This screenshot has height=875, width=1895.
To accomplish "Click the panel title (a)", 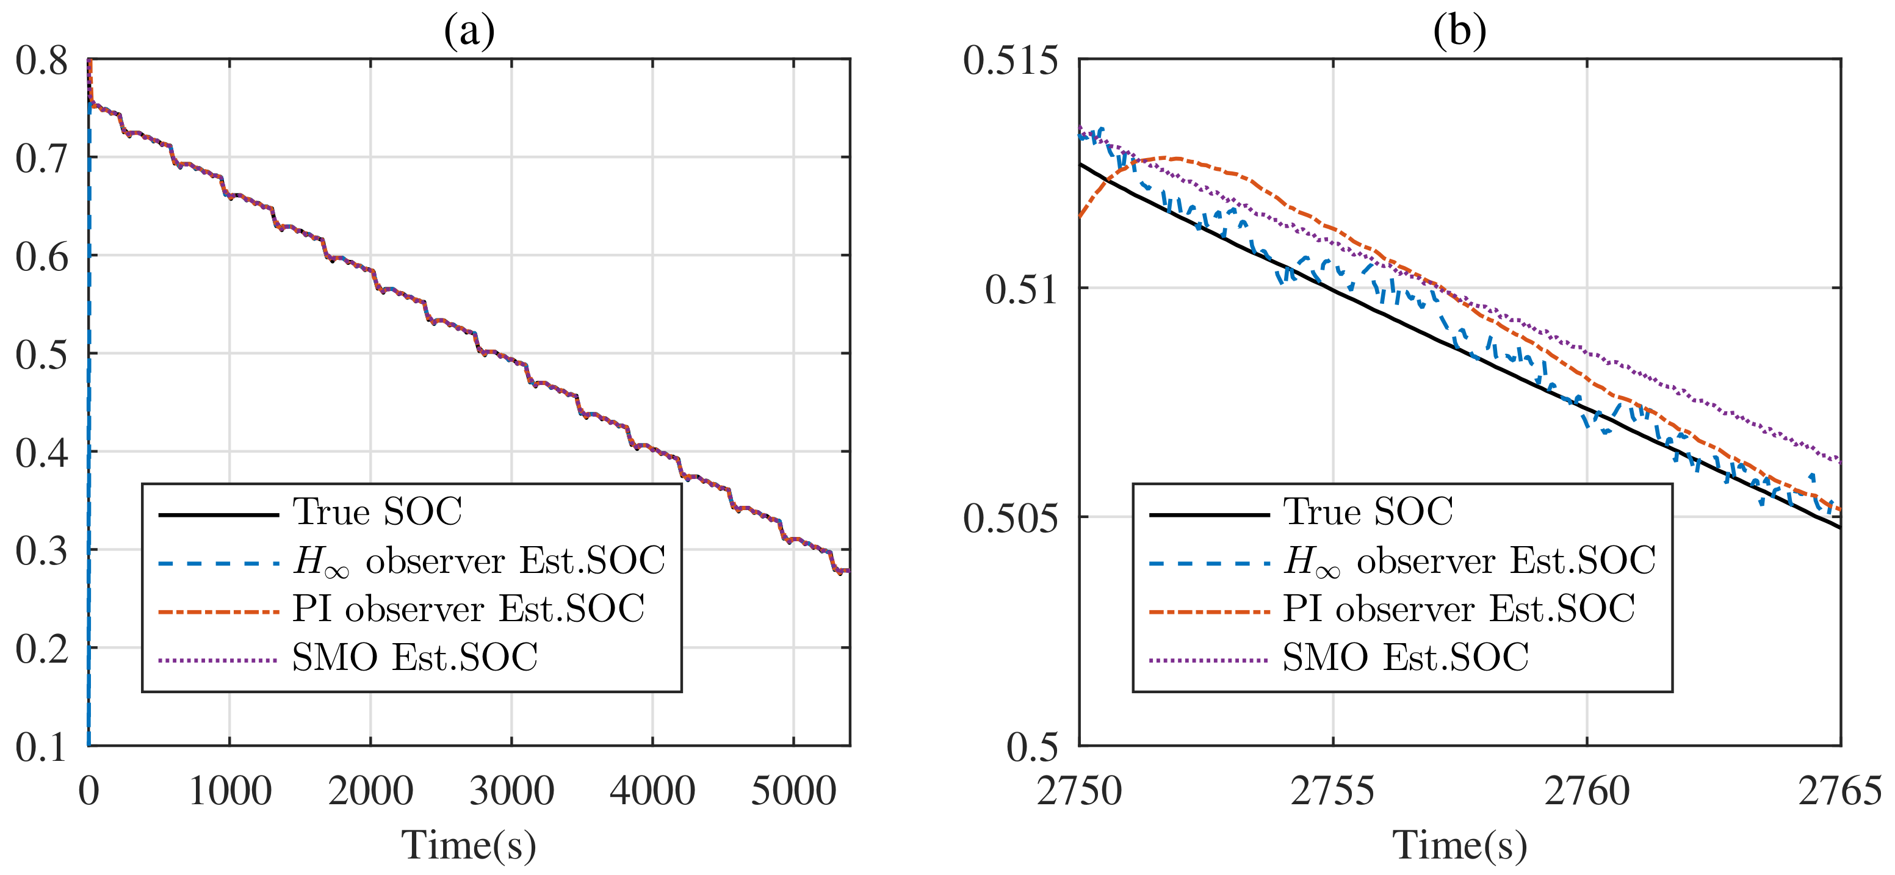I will pyautogui.click(x=469, y=31).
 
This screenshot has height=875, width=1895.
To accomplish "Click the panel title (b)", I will pyautogui.click(x=1459, y=31).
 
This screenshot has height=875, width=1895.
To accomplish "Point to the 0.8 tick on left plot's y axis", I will pyautogui.click(x=42, y=60).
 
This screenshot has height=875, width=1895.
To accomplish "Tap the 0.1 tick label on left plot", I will pyautogui.click(x=42, y=747).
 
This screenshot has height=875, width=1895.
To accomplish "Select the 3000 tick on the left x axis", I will pyautogui.click(x=511, y=791).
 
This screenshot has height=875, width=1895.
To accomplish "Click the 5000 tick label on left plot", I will pyautogui.click(x=793, y=791).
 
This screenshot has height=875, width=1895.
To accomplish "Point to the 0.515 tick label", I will pyautogui.click(x=1010, y=60).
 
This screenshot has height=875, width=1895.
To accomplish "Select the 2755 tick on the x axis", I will pyautogui.click(x=1332, y=791).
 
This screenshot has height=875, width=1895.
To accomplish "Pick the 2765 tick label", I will pyautogui.click(x=1839, y=791).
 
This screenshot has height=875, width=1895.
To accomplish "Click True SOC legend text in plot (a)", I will pyautogui.click(x=377, y=512).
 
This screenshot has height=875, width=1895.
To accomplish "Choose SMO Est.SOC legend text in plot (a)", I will pyautogui.click(x=415, y=657).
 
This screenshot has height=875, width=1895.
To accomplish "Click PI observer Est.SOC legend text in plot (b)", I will pyautogui.click(x=1459, y=609).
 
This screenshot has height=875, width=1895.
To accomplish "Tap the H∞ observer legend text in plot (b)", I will pyautogui.click(x=1469, y=561).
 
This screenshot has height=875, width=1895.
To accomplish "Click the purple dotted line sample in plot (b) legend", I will pyautogui.click(x=1208, y=660).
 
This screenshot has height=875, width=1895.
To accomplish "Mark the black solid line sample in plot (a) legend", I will pyautogui.click(x=218, y=514).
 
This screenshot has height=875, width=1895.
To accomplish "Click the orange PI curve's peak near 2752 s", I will pyautogui.click(x=1175, y=158).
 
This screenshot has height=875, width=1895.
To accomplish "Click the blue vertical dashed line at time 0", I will pyautogui.click(x=89, y=441).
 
